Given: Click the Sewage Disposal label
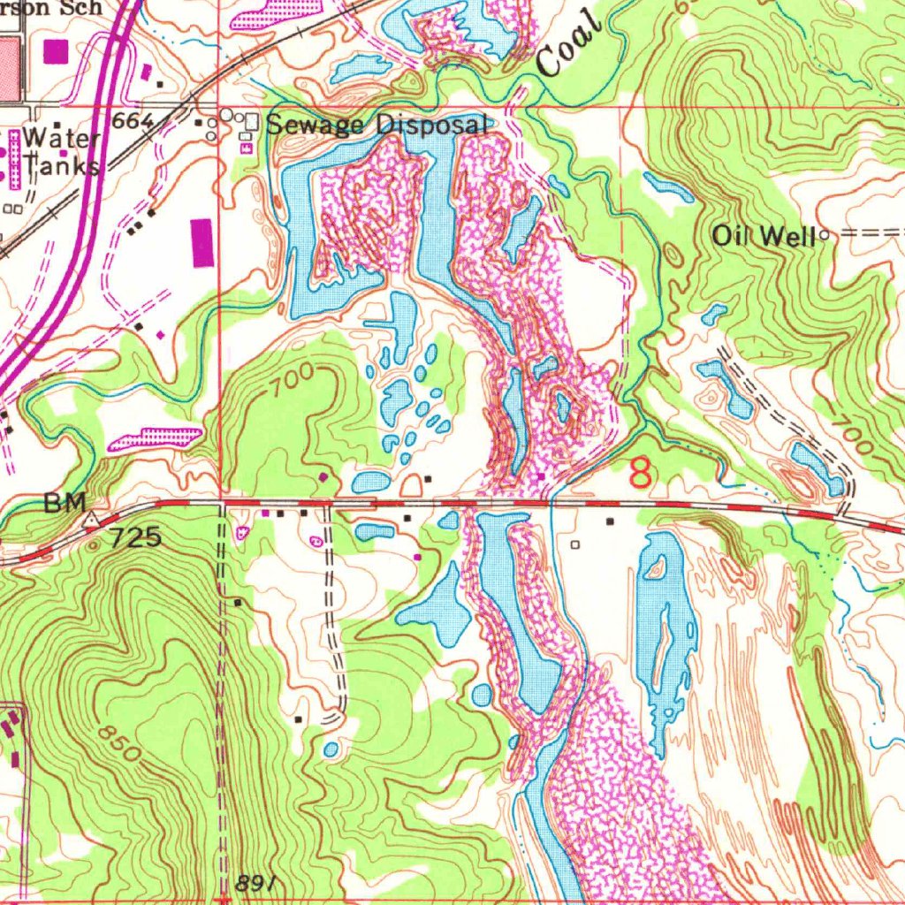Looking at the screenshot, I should (x=377, y=125).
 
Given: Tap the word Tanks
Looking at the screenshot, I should (x=61, y=164).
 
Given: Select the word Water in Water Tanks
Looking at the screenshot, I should (x=62, y=139).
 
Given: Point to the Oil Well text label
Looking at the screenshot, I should (x=764, y=235).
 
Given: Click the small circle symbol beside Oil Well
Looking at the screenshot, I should (x=825, y=235).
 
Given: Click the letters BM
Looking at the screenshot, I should (x=66, y=504).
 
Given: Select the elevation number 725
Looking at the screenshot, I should (x=135, y=536).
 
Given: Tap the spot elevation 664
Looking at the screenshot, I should (x=133, y=120).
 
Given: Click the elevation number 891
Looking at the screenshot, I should (x=257, y=883).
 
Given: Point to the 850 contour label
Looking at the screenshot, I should (x=118, y=744).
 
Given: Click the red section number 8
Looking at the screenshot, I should (x=641, y=473).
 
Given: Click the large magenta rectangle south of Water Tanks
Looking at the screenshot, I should (x=202, y=242).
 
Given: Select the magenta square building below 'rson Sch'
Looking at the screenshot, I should (x=55, y=51).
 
